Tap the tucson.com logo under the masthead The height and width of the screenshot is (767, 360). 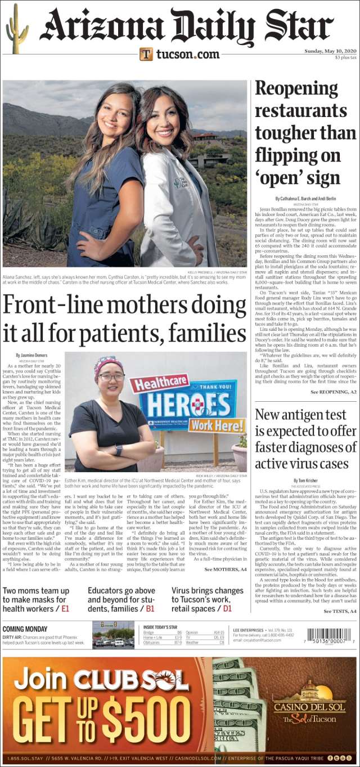(179, 54)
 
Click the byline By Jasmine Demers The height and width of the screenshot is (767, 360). (33, 356)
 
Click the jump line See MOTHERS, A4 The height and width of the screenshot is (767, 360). (225, 570)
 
